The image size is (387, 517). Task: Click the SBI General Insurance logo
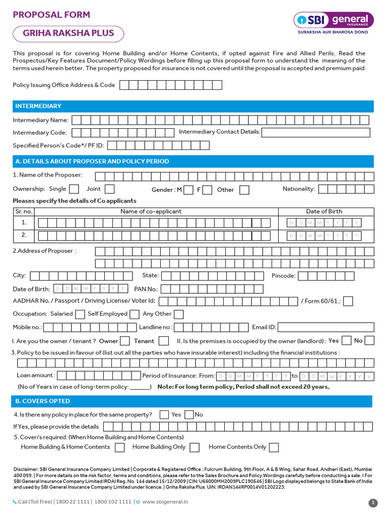click(334, 22)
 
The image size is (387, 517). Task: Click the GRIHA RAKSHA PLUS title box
click(68, 34)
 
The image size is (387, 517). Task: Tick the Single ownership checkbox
click(74, 189)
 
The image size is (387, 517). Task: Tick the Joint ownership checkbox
click(109, 189)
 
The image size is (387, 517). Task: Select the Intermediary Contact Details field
click(315, 132)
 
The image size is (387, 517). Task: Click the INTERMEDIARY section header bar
click(193, 106)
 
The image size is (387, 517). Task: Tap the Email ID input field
click(326, 327)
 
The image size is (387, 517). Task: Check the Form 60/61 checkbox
click(348, 301)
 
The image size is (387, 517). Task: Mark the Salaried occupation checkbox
click(80, 314)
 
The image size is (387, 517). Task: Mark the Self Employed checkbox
click(134, 314)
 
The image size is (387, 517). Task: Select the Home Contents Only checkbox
click(274, 447)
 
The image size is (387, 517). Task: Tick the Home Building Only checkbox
click(195, 447)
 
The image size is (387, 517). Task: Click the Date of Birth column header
click(324, 212)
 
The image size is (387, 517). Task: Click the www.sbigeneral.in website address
click(165, 502)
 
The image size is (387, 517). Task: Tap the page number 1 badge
click(373, 502)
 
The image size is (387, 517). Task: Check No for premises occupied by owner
click(369, 341)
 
